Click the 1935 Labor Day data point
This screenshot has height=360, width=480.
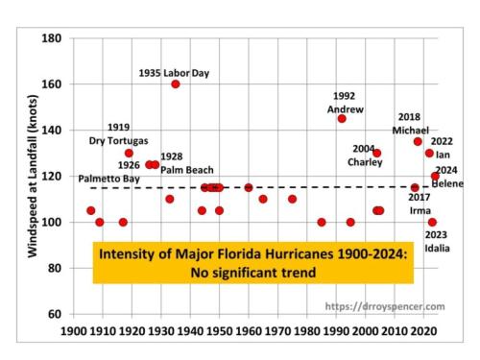(x=176, y=84)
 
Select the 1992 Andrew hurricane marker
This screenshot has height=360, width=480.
(x=342, y=118)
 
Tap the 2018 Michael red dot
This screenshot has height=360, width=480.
(x=418, y=141)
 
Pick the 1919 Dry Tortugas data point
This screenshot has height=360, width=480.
(x=129, y=153)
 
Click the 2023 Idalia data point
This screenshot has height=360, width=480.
(x=432, y=222)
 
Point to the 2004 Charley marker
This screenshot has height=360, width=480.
(x=376, y=153)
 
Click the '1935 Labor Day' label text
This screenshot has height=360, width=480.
(x=174, y=73)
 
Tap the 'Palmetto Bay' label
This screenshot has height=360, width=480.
(x=108, y=179)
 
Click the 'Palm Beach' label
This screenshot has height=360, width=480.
(x=187, y=170)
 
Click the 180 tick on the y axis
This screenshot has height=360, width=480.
(x=54, y=38)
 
